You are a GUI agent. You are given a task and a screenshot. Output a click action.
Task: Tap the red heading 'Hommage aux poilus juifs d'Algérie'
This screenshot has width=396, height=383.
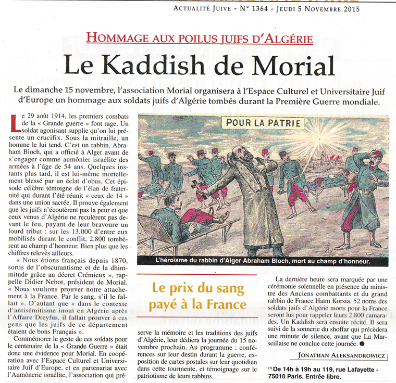(x=199, y=38)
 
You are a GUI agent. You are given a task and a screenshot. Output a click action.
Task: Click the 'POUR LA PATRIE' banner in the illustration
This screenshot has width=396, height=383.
(x=263, y=123)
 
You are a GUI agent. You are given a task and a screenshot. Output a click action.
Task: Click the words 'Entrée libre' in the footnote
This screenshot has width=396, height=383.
(x=326, y=377)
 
